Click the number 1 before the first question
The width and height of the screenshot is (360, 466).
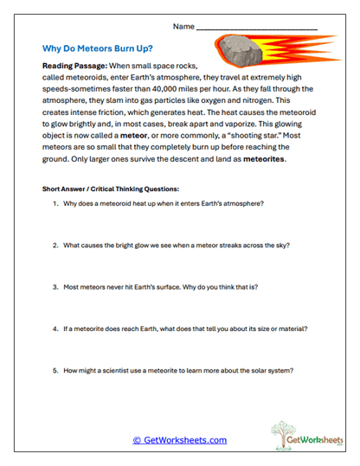(55, 203)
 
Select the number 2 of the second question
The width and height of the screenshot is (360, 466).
(55, 245)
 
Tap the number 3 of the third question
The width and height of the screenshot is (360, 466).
(55, 286)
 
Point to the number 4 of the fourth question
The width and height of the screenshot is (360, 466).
(55, 329)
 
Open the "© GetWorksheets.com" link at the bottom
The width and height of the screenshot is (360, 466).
(179, 440)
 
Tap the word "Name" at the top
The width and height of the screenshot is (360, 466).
(183, 28)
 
